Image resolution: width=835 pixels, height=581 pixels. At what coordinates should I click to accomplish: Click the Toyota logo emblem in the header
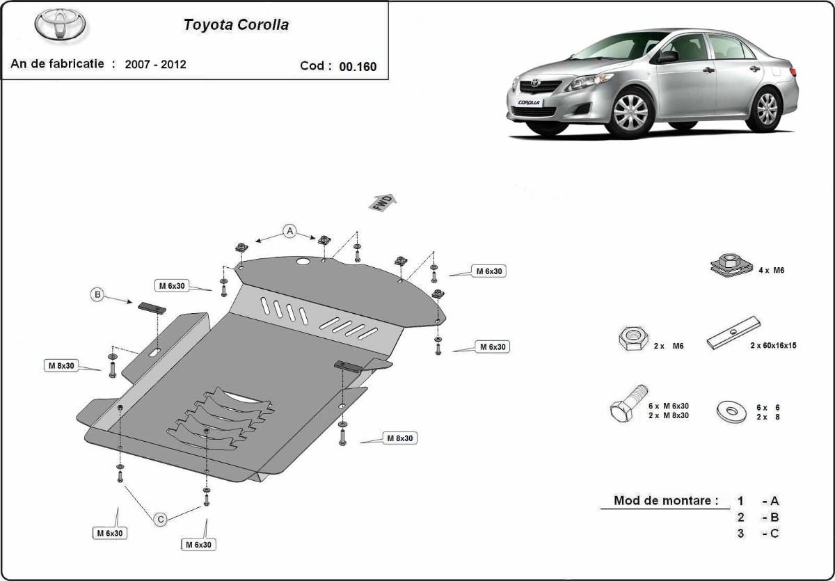[60, 24]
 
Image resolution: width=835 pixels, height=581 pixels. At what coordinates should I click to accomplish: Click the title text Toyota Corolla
[236, 24]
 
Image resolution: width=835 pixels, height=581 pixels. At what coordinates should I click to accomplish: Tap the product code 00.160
[358, 66]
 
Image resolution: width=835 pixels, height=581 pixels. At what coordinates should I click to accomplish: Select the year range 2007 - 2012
[155, 64]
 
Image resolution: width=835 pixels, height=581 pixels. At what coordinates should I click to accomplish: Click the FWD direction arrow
[383, 202]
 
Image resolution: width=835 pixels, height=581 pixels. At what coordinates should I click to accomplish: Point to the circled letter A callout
[289, 231]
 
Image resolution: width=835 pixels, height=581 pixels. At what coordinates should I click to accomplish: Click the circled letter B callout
[97, 295]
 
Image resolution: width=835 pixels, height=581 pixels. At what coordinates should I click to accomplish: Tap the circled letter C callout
[161, 519]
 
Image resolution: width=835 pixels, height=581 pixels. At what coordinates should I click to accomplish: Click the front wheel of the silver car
[630, 113]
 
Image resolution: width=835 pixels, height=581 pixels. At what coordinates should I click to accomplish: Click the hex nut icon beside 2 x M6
[633, 338]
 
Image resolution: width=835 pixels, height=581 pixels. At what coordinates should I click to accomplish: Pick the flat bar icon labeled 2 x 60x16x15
[733, 333]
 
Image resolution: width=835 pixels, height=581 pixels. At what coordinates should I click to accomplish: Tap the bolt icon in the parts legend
[629, 404]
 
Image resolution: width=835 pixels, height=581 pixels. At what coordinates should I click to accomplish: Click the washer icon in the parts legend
[731, 411]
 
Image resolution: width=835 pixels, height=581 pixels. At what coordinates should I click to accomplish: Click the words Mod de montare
[666, 500]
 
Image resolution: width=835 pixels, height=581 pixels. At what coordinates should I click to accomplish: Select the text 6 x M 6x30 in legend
[669, 406]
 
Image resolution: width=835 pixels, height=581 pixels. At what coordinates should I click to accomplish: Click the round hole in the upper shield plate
[303, 261]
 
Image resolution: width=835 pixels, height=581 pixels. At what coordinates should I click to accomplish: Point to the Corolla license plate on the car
[530, 102]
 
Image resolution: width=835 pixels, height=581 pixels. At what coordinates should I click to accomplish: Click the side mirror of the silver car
[667, 56]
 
